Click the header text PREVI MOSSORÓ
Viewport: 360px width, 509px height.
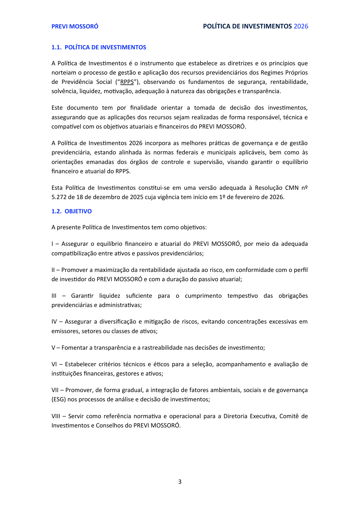pyautogui.click(x=75, y=26)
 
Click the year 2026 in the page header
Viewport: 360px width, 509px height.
pyautogui.click(x=301, y=26)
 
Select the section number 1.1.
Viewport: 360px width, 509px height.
pyautogui.click(x=56, y=47)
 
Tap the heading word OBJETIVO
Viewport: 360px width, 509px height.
pyautogui.click(x=78, y=211)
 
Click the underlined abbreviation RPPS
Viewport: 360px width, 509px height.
pyautogui.click(x=127, y=82)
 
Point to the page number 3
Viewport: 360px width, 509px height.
pyautogui.click(x=180, y=482)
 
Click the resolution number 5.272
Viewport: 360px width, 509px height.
pyautogui.click(x=59, y=197)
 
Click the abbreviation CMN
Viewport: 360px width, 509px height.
pyautogui.click(x=292, y=188)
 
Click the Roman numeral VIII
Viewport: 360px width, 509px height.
pyautogui.click(x=56, y=416)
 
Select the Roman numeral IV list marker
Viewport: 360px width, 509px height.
pyautogui.click(x=54, y=322)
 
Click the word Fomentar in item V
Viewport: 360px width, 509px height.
pyautogui.click(x=73, y=348)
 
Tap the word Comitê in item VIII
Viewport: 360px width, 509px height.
pyautogui.click(x=289, y=416)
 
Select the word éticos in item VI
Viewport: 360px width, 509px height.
pyautogui.click(x=161, y=364)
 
